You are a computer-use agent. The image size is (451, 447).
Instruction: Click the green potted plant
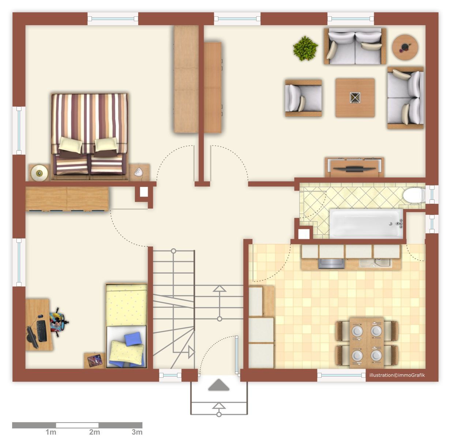tap(305, 49)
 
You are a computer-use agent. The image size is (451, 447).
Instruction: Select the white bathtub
tap(366, 223)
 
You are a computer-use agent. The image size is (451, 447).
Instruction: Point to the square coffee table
tap(355, 98)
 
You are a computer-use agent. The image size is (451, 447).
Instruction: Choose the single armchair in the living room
tap(303, 98)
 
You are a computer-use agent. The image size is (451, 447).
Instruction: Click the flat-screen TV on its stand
tap(354, 168)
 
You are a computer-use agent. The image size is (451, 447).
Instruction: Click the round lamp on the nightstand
tap(39, 173)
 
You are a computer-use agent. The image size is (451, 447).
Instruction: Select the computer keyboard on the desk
tap(42, 331)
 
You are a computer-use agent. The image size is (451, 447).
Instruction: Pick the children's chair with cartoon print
tap(58, 322)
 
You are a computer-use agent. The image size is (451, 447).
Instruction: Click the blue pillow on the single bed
tap(133, 339)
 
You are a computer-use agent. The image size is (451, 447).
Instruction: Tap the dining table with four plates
tap(367, 343)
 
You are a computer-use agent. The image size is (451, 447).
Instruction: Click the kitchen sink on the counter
tap(375, 263)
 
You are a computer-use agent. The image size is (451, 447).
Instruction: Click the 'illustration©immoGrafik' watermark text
tap(397, 375)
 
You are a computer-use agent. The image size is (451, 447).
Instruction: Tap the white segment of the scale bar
tap(77, 425)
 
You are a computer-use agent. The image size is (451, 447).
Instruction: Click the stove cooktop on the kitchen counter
tap(331, 263)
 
